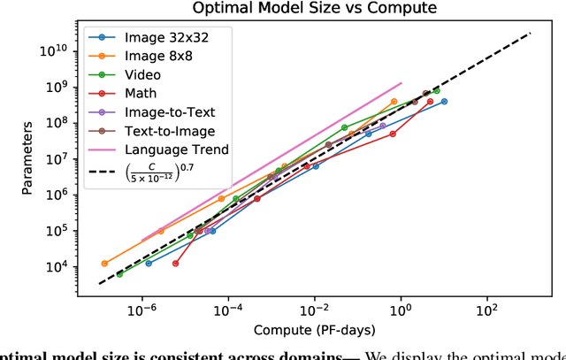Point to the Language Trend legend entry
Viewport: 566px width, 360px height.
click(x=177, y=149)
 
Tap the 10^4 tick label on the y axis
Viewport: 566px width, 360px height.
click(x=64, y=267)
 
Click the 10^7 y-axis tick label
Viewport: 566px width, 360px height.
click(x=64, y=157)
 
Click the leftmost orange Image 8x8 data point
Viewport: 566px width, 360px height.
click(x=104, y=264)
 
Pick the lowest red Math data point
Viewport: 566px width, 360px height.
click(x=175, y=264)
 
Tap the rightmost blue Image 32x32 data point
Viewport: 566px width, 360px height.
click(x=444, y=102)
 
